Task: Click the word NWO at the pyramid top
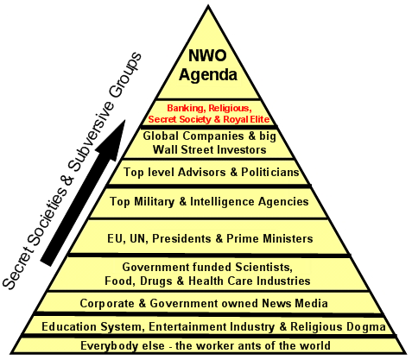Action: [207, 55]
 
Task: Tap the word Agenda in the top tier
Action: [208, 75]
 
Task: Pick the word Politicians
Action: [270, 172]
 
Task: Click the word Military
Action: [154, 202]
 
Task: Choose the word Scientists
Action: [263, 268]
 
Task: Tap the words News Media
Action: [295, 303]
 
